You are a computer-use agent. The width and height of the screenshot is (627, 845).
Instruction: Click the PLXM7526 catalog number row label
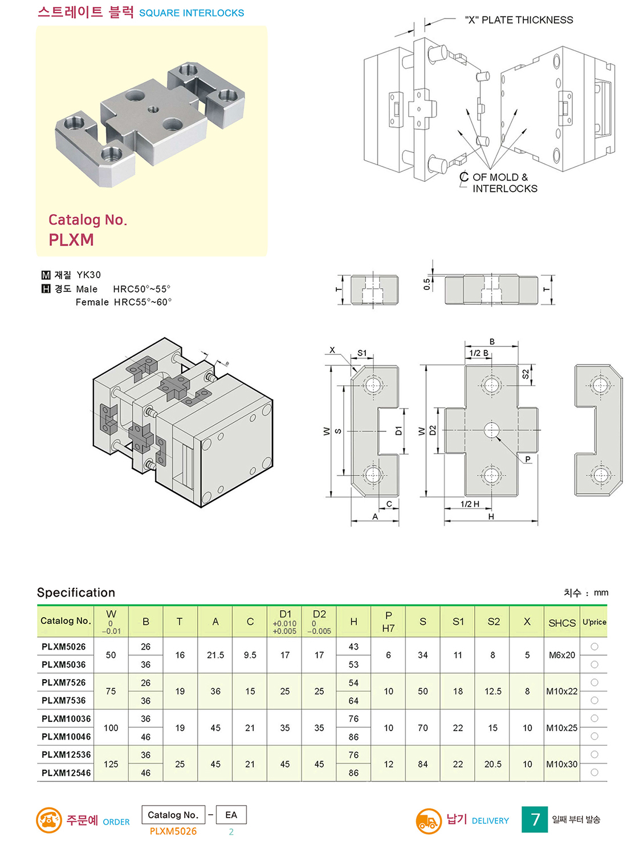(x=63, y=682)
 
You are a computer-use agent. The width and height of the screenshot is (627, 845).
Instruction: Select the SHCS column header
(x=561, y=623)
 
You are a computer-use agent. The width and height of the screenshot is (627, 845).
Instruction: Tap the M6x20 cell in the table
(x=561, y=655)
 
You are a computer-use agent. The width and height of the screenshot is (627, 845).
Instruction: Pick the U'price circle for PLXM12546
(x=595, y=773)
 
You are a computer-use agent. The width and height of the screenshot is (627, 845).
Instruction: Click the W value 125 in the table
(x=111, y=764)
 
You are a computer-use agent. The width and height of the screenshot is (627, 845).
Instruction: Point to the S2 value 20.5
(x=493, y=764)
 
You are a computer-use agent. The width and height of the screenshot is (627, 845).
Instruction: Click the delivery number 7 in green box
(x=535, y=819)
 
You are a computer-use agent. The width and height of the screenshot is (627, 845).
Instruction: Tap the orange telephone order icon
(x=49, y=820)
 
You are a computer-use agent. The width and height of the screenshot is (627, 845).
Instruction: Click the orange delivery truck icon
(x=429, y=821)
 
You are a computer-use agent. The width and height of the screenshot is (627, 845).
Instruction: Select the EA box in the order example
(x=231, y=815)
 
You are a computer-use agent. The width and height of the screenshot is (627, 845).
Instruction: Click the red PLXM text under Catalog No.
(x=71, y=240)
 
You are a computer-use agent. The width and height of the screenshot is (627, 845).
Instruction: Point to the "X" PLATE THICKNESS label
(x=519, y=20)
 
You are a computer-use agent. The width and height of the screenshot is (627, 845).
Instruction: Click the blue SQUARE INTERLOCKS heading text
(x=192, y=13)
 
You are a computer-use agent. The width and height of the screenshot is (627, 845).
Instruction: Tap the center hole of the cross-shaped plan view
(x=491, y=430)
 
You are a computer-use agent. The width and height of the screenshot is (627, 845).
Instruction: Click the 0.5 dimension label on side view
(x=427, y=284)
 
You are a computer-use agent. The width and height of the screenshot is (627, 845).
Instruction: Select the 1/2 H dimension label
(x=470, y=504)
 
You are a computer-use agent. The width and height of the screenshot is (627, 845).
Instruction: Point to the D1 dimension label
(x=398, y=431)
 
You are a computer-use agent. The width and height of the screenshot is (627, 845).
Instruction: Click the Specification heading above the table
(x=76, y=593)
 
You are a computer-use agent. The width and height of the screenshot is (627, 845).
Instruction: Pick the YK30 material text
(x=89, y=275)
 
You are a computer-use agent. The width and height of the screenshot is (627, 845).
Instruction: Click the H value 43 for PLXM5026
(x=353, y=647)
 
